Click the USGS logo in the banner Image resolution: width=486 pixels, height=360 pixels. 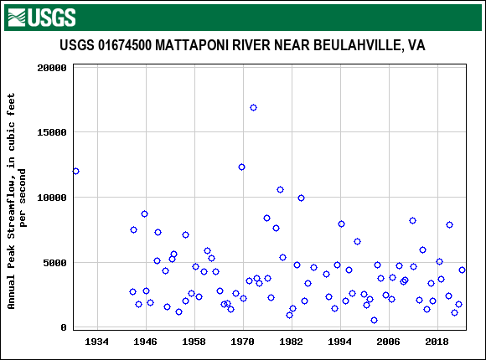pos(41,17)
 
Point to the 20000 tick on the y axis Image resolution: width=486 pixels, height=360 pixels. pos(52,68)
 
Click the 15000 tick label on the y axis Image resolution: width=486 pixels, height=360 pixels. pos(52,132)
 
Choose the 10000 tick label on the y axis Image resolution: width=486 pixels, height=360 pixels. pos(52,198)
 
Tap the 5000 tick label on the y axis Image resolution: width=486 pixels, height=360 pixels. pos(55,263)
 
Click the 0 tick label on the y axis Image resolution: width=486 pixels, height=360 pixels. pos(64,327)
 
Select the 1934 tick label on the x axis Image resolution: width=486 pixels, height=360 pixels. pos(97,342)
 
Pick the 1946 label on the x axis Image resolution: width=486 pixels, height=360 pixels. pos(146,342)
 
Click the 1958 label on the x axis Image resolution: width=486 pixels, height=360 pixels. pos(194,342)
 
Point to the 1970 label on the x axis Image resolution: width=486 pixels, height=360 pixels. pos(243,342)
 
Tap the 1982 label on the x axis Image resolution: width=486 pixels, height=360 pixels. pos(292,342)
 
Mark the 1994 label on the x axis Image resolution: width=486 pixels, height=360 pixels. pos(340,342)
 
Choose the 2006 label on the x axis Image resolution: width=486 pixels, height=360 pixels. pos(389,342)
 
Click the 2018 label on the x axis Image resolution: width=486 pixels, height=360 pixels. pos(437,342)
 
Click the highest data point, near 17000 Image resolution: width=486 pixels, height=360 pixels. pos(253,107)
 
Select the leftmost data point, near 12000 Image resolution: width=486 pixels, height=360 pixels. pos(75,171)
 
